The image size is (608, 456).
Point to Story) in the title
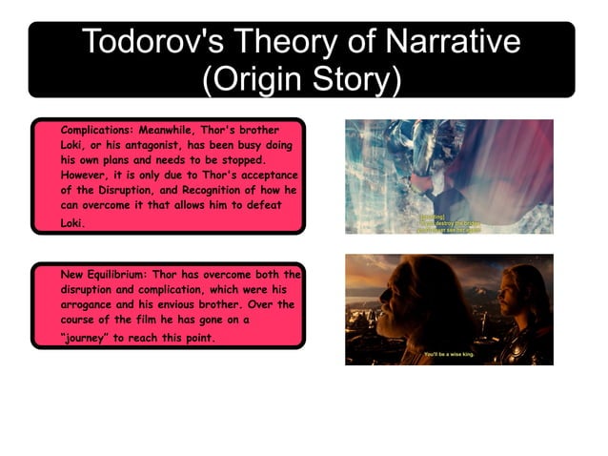coord(355,78)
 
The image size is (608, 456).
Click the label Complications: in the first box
coord(94,128)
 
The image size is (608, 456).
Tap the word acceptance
coord(265,176)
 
